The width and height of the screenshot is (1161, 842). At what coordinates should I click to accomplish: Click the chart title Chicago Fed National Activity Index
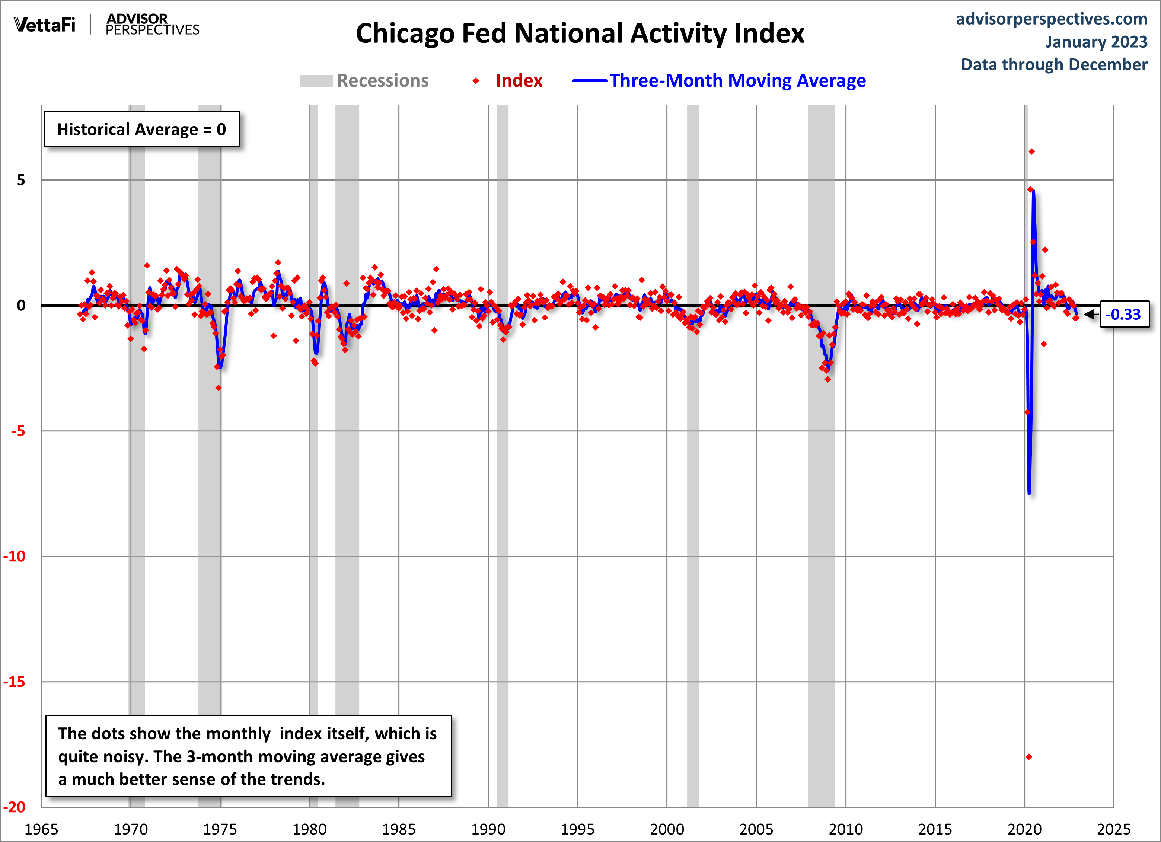[580, 34]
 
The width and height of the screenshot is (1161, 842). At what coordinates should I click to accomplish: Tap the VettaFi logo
[45, 25]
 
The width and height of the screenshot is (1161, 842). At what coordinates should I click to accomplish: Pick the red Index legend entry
[518, 81]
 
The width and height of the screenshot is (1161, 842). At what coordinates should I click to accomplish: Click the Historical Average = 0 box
[142, 129]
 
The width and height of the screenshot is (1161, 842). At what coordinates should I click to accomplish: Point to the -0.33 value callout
[1124, 314]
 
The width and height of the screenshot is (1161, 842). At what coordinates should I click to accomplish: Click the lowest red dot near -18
[1029, 756]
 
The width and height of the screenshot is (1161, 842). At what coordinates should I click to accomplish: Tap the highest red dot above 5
[1031, 152]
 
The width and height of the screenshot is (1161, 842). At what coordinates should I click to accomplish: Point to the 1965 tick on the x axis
[41, 829]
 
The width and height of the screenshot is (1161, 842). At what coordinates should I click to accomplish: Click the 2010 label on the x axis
[846, 829]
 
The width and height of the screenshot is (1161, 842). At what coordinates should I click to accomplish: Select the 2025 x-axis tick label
[1113, 829]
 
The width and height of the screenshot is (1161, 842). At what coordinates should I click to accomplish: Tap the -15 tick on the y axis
[15, 682]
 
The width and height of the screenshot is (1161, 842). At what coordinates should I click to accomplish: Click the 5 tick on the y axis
[21, 180]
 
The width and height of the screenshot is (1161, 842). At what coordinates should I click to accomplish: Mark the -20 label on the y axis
[15, 807]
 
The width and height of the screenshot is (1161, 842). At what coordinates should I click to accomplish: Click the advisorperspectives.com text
[1052, 19]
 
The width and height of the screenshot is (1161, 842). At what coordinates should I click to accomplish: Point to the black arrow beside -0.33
[1090, 314]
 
